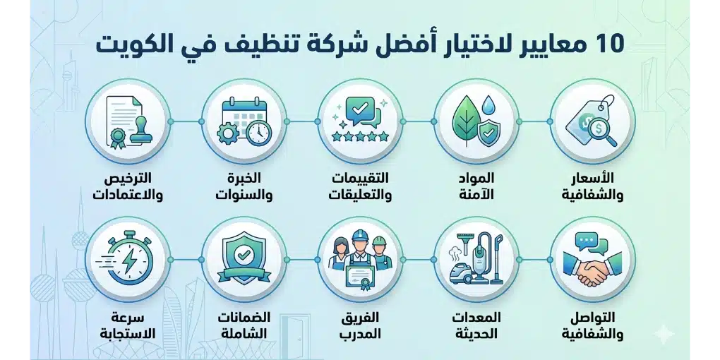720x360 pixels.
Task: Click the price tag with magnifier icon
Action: point(592,121)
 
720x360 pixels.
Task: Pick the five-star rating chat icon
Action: point(359,121)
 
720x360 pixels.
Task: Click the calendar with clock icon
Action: point(244,121)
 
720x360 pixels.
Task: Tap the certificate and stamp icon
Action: point(127,121)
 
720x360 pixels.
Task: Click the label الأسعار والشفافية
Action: point(592,186)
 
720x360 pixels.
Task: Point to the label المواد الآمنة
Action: point(477,186)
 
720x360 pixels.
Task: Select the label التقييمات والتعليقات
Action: point(360,186)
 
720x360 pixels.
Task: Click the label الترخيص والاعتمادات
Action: point(128,186)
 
